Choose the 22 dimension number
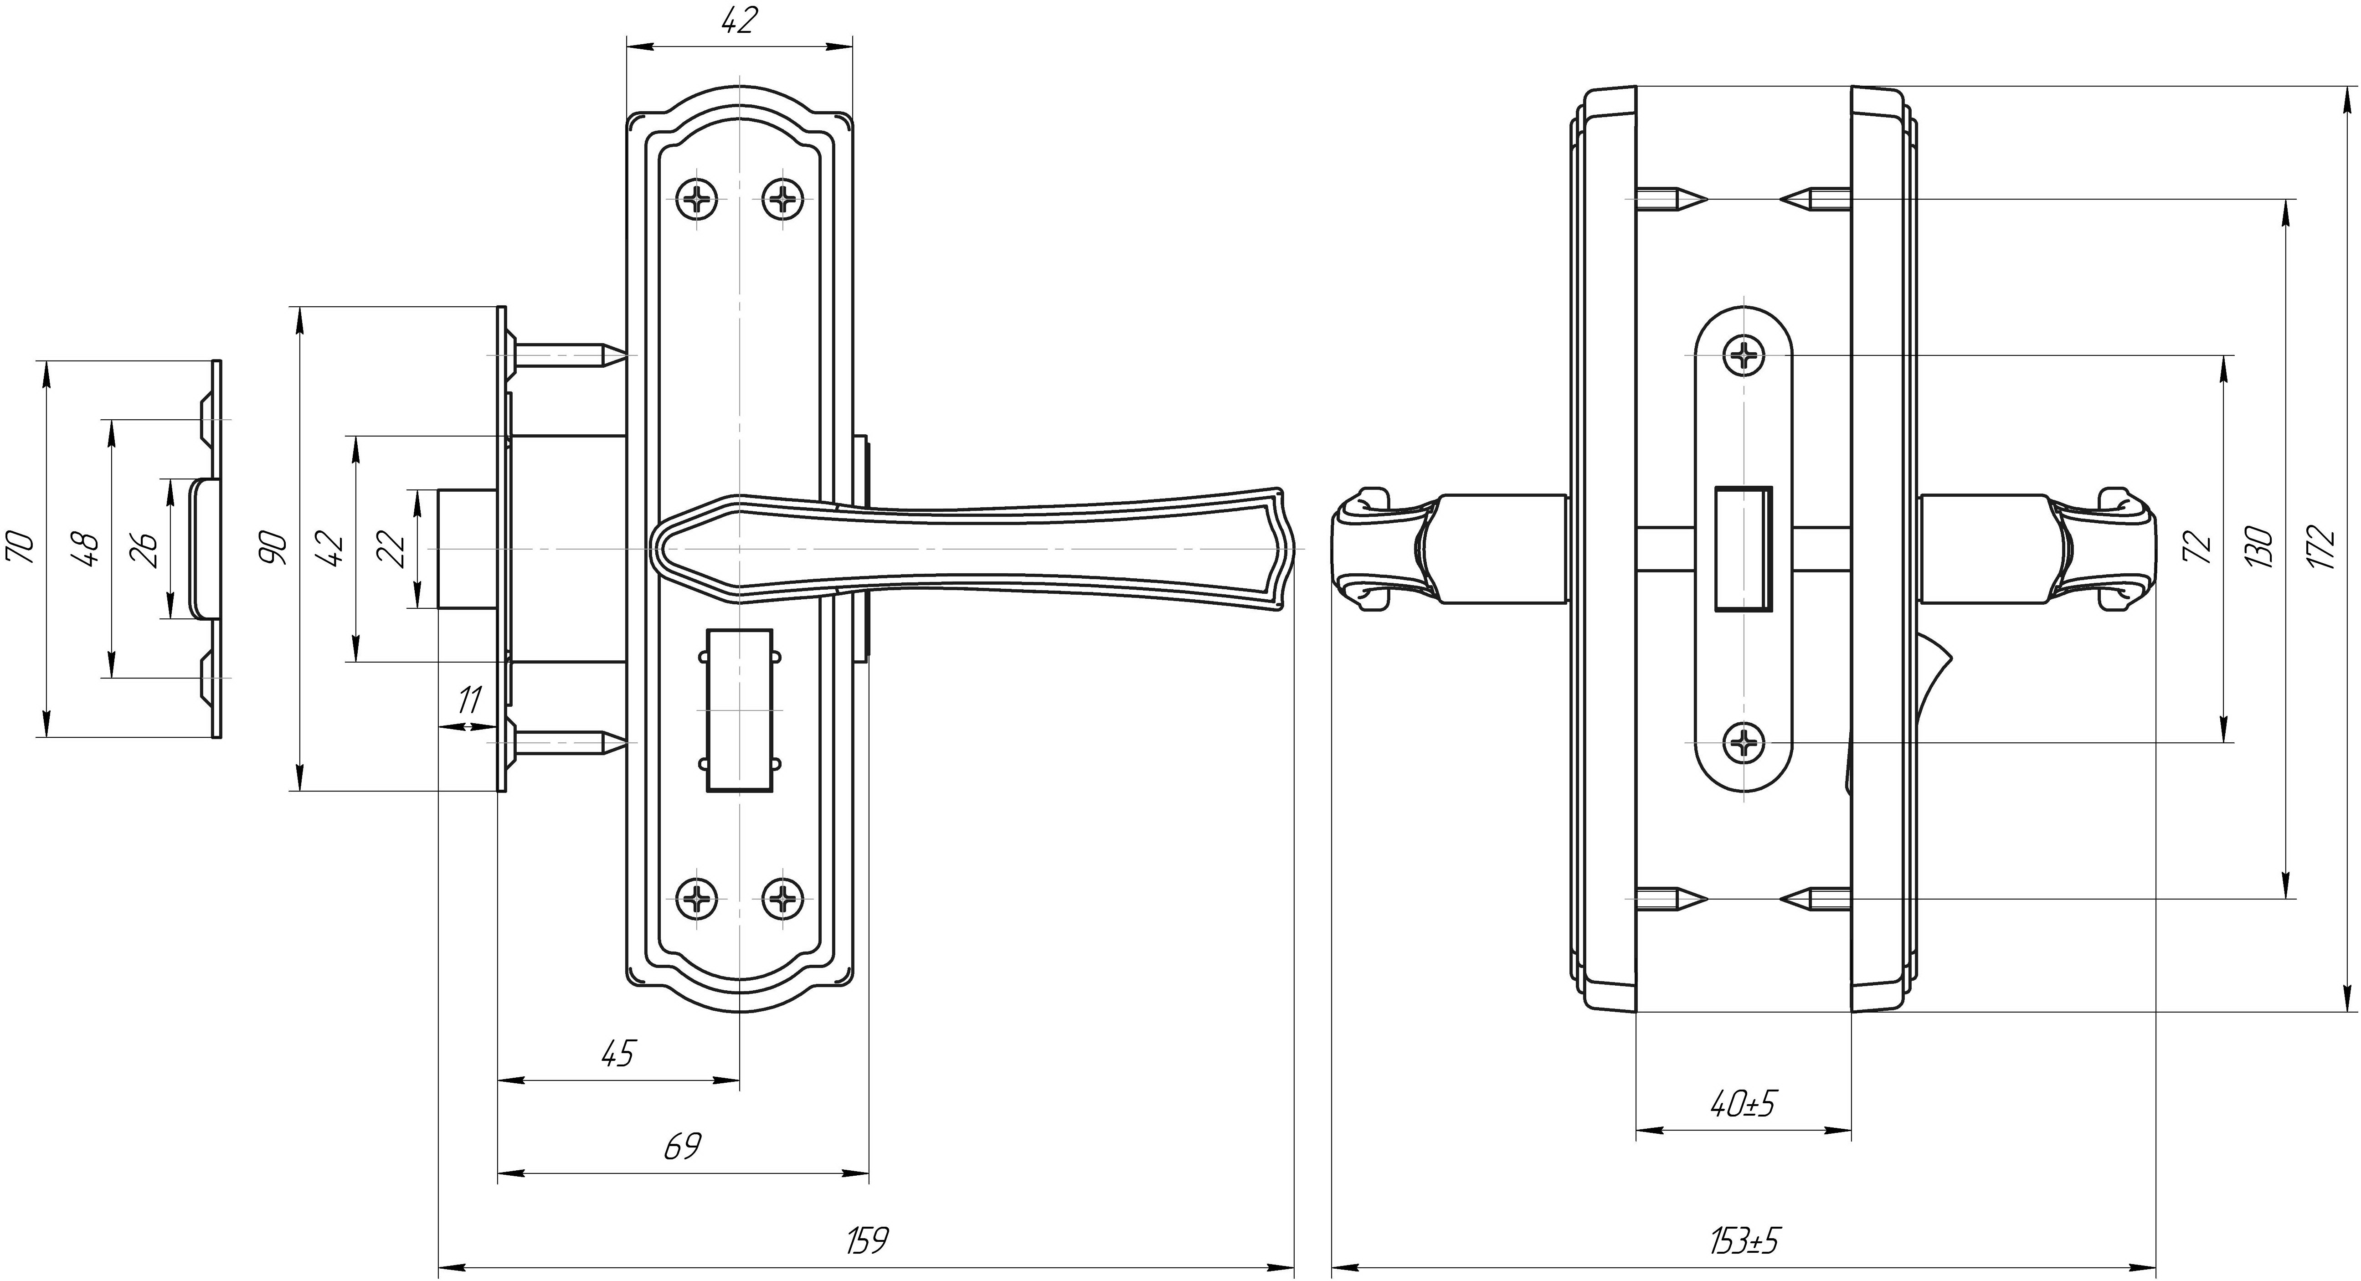click(394, 550)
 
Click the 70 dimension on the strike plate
click(20, 548)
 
